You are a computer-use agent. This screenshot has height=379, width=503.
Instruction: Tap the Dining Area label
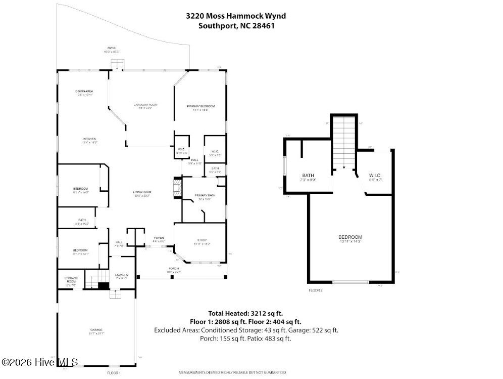84,91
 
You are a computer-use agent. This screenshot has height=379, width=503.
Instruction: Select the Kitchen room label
90,139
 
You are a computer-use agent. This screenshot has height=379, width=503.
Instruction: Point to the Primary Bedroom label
200,106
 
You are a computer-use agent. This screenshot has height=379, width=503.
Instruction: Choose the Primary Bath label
205,195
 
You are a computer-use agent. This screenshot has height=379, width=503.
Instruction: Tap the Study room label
202,240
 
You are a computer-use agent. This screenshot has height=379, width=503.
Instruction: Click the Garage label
96,330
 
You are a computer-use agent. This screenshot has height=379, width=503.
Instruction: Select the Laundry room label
122,275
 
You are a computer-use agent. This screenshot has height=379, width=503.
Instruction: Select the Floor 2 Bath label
308,176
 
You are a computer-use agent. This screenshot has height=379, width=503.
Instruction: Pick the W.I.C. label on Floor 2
375,175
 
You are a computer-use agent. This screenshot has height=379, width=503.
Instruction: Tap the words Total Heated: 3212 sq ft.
249,313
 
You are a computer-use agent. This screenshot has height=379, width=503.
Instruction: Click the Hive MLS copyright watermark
39,362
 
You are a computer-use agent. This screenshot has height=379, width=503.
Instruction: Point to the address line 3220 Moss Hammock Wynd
235,16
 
